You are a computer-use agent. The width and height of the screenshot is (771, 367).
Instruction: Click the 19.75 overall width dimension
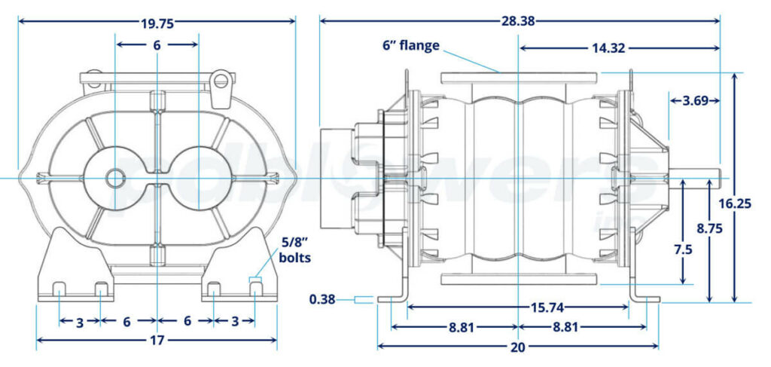pos(157,23)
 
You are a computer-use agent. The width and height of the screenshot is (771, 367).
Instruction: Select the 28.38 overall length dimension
pos(519,21)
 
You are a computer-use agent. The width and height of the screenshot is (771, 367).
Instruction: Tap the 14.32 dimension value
pos(609,48)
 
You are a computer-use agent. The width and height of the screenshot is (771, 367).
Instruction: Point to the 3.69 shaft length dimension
pos(695,100)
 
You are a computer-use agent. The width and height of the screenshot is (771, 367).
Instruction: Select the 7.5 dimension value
pos(682,249)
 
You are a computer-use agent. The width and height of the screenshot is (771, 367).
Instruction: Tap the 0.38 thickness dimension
pos(322,300)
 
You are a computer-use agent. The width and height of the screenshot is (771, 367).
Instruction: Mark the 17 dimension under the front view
pos(157,341)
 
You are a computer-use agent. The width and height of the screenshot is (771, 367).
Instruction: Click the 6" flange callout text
pos(410,46)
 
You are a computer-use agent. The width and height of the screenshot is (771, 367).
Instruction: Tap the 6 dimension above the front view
pos(157,45)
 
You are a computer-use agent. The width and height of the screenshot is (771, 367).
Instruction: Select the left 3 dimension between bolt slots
pos(80,322)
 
